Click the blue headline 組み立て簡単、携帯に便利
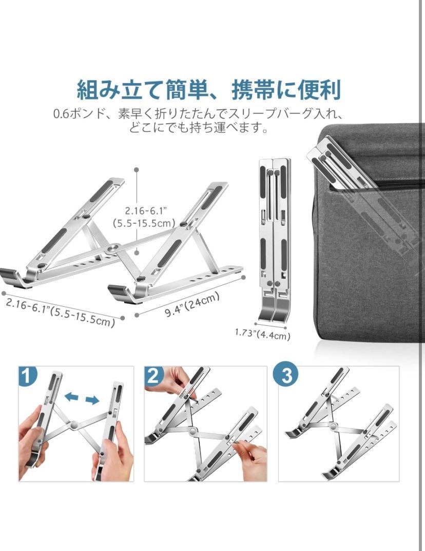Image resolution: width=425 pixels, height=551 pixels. click(x=209, y=90)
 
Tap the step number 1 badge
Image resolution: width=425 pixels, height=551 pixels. click(x=27, y=376)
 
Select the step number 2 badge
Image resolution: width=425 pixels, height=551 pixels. click(x=153, y=376)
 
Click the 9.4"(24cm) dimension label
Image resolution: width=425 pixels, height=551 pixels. click(x=192, y=304)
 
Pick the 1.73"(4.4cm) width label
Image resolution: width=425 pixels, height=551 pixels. click(x=263, y=334)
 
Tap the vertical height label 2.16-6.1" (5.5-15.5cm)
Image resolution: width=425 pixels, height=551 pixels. click(x=144, y=217)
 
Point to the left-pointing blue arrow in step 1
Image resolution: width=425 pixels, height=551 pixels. click(x=72, y=397)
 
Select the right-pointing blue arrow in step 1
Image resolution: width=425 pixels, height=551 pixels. click(x=92, y=400)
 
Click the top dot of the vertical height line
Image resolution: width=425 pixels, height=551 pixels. click(x=137, y=170)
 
